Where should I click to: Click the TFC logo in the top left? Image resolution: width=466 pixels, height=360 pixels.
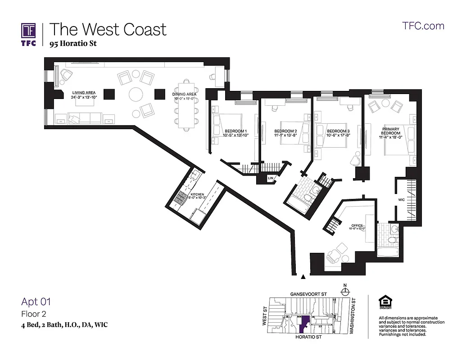pyautogui.click(x=28, y=33)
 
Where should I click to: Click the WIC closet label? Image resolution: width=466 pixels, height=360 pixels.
pyautogui.click(x=402, y=199)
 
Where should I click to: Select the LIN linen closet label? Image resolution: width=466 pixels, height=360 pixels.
pyautogui.click(x=271, y=179)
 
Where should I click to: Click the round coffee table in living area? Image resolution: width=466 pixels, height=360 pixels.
pyautogui.click(x=136, y=95)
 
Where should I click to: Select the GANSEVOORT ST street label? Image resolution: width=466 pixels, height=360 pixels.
pyautogui.click(x=308, y=293)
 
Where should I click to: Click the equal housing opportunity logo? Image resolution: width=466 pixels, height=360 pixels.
pyautogui.click(x=385, y=303)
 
